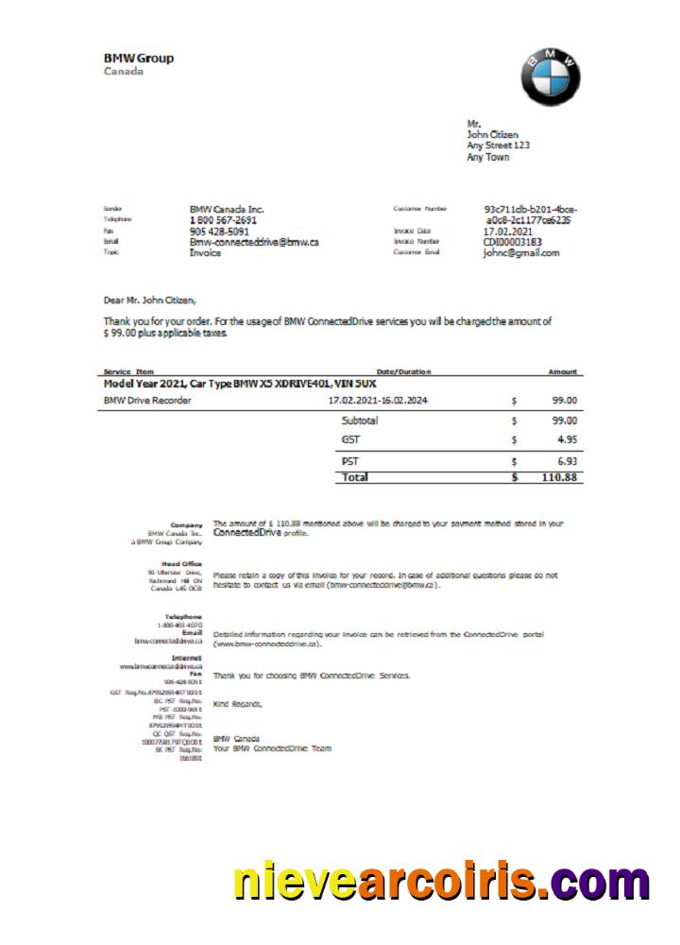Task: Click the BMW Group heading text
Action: pos(138,59)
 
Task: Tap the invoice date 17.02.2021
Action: pos(508,231)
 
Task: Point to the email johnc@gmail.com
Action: pos(521,253)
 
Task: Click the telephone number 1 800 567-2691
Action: pos(223,220)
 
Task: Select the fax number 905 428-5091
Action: pos(219,231)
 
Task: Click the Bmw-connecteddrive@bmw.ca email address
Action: pos(254,242)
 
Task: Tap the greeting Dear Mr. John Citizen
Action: pos(151,301)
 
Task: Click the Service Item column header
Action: pos(128,371)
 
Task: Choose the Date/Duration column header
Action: pos(403,371)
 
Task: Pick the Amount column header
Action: pos(563,371)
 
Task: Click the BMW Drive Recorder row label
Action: pos(147,401)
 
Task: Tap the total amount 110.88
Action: pos(560,478)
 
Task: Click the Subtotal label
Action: pos(360,421)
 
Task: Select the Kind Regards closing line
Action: pos(238,704)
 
